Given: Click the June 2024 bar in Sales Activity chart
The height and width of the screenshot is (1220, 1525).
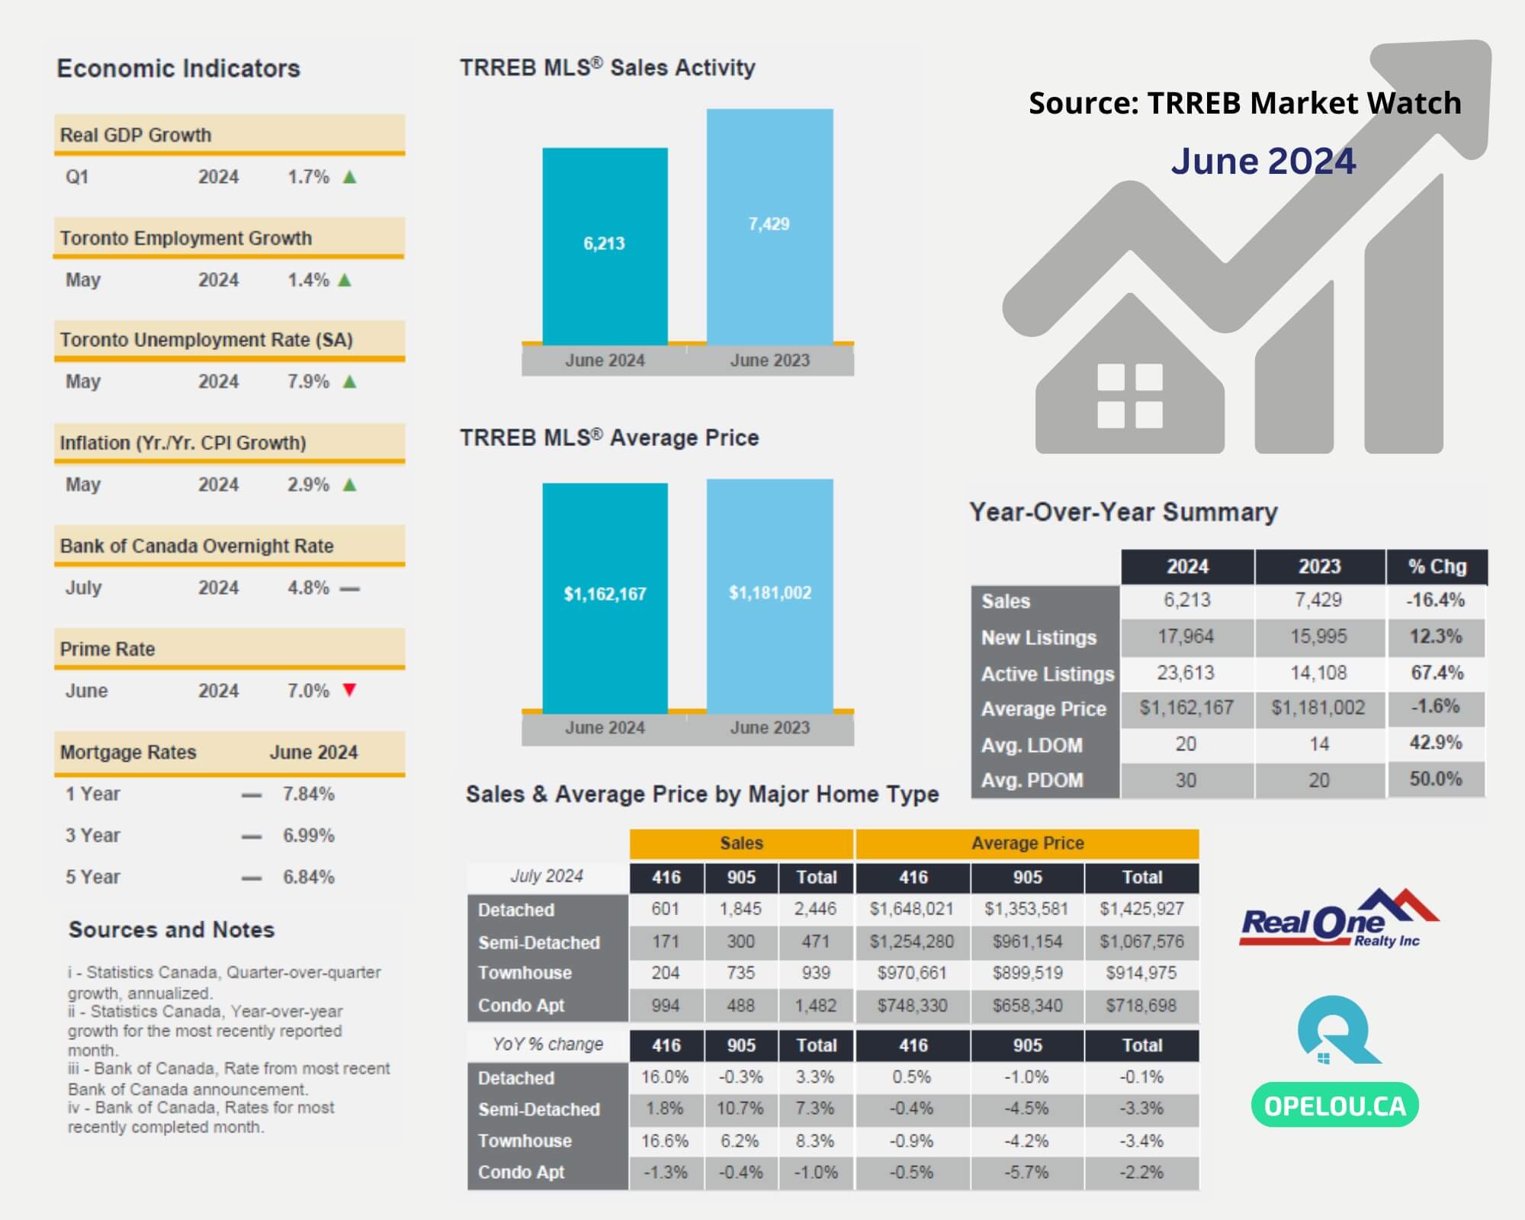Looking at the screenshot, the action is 605,246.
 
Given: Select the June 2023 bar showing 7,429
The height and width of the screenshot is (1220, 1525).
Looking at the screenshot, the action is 769,226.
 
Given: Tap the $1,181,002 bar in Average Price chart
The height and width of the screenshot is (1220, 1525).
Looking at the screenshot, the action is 769,596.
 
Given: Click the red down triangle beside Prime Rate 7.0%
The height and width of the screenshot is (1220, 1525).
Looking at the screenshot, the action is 349,690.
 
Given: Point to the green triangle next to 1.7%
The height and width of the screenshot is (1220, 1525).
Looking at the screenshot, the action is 349,177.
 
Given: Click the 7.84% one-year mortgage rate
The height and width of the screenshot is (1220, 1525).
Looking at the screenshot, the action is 309,794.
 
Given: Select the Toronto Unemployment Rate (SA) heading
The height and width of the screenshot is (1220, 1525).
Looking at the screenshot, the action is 207,339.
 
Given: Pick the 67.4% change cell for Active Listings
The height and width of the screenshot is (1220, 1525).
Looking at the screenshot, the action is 1437,673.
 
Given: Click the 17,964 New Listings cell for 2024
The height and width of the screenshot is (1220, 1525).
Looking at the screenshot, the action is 1186,636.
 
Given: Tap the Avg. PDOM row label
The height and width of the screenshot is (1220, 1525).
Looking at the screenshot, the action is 1032,780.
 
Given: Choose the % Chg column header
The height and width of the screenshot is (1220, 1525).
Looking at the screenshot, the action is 1437,567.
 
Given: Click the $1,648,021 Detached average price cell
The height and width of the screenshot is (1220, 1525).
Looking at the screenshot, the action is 912,909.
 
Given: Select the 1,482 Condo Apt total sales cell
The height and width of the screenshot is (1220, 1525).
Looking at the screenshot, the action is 816,1005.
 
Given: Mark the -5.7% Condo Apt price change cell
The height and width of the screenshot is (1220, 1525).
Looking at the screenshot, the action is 1027,1172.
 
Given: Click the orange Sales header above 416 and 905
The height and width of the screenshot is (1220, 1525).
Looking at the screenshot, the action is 741,843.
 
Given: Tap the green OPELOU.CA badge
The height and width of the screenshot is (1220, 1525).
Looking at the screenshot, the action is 1335,1105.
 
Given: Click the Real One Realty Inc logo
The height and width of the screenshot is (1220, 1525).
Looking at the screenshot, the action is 1338,918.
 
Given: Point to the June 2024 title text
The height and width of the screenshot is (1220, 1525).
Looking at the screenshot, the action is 1263,161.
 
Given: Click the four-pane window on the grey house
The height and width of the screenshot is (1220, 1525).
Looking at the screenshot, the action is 1129,396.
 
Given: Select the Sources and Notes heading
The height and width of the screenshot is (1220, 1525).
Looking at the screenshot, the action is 172,929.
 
